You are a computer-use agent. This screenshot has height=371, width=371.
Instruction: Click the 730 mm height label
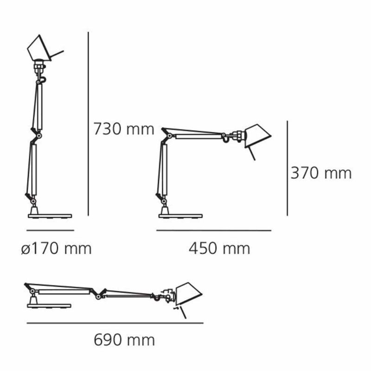click(124, 129)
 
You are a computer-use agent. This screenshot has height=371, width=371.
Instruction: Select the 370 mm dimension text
click(321, 173)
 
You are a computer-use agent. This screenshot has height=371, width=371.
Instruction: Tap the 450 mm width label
click(219, 249)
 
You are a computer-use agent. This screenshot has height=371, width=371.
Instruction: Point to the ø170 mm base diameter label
click(56, 249)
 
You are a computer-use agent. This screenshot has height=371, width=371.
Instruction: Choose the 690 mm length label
click(124, 340)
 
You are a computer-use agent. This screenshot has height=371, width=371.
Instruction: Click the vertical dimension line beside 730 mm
click(88, 124)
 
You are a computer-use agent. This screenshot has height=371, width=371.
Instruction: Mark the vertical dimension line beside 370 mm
click(288, 168)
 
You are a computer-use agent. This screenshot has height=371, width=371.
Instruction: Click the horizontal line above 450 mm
click(214, 230)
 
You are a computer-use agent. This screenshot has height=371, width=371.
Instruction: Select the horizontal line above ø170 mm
click(50, 230)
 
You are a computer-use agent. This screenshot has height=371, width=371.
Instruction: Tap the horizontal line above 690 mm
click(115, 323)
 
